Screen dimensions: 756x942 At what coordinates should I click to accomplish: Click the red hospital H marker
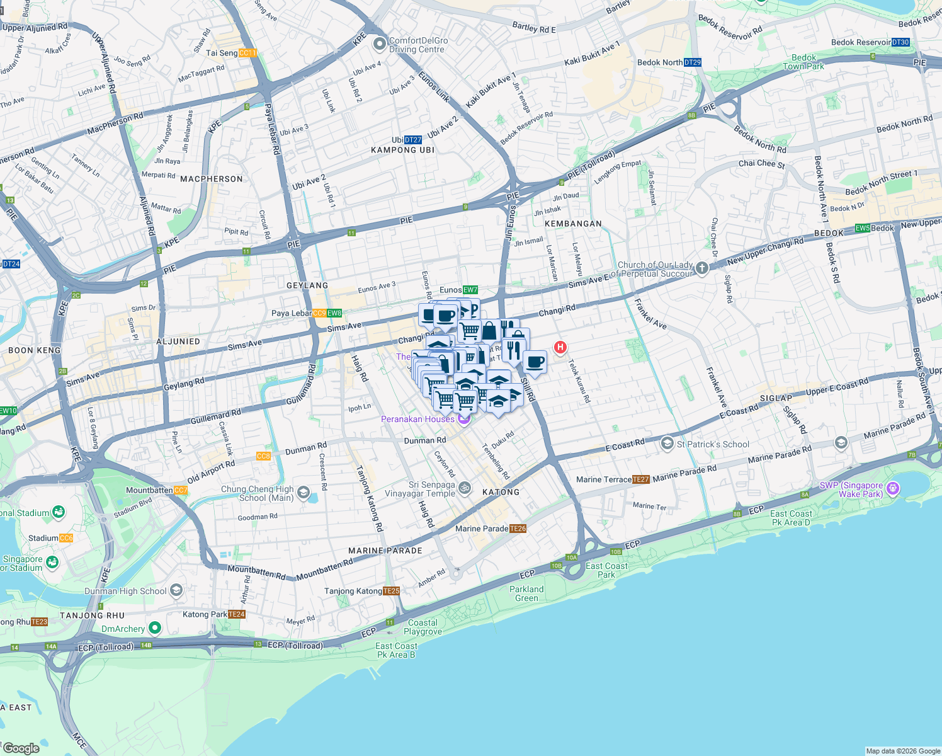click(560, 346)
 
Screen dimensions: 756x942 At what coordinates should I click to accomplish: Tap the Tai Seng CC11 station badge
click(247, 53)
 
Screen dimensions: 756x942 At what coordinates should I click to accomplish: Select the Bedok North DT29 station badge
click(692, 62)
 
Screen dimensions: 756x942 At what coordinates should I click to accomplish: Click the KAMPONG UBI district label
click(403, 150)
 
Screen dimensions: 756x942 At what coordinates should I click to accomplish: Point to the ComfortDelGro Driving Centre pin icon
click(379, 44)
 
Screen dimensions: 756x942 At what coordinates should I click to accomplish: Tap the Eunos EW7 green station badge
click(470, 290)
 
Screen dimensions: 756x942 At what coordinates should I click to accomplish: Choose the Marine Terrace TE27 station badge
click(640, 479)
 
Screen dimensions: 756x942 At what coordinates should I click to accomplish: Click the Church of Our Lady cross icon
click(702, 268)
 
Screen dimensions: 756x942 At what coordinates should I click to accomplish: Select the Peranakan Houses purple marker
click(464, 419)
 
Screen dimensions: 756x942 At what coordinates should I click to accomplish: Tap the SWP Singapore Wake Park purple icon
click(892, 488)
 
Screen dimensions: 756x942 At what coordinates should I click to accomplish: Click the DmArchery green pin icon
click(154, 628)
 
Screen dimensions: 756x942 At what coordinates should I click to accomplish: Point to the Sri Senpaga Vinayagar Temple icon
click(465, 488)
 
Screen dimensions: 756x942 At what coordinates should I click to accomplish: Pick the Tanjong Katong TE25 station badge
click(391, 591)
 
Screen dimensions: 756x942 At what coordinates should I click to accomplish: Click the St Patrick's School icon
click(667, 444)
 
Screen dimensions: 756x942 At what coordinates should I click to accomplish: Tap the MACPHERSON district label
click(212, 179)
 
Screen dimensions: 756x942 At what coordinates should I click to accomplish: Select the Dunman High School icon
click(176, 590)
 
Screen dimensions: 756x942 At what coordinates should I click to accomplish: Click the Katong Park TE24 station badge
click(237, 614)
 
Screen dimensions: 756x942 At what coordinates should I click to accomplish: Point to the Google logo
click(21, 748)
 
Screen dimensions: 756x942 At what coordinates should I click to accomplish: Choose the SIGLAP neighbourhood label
click(776, 398)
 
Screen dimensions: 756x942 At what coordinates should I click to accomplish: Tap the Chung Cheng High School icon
click(303, 492)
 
